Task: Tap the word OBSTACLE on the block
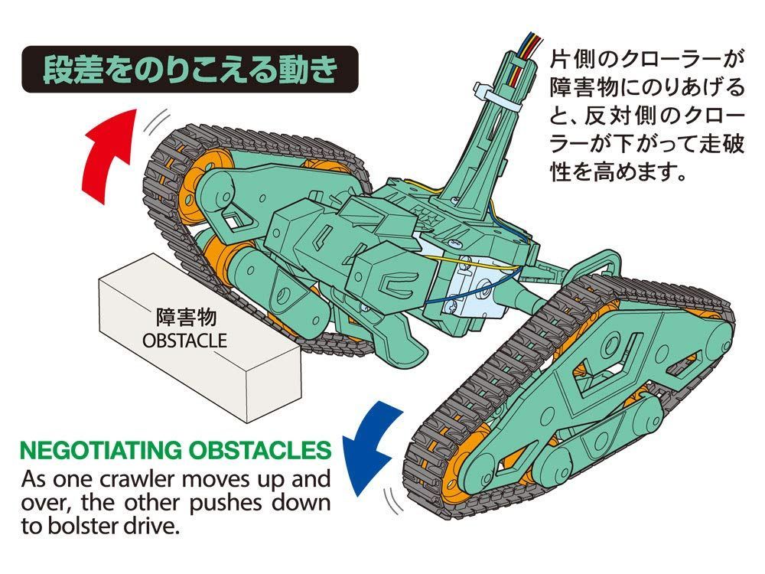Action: tap(185, 339)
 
